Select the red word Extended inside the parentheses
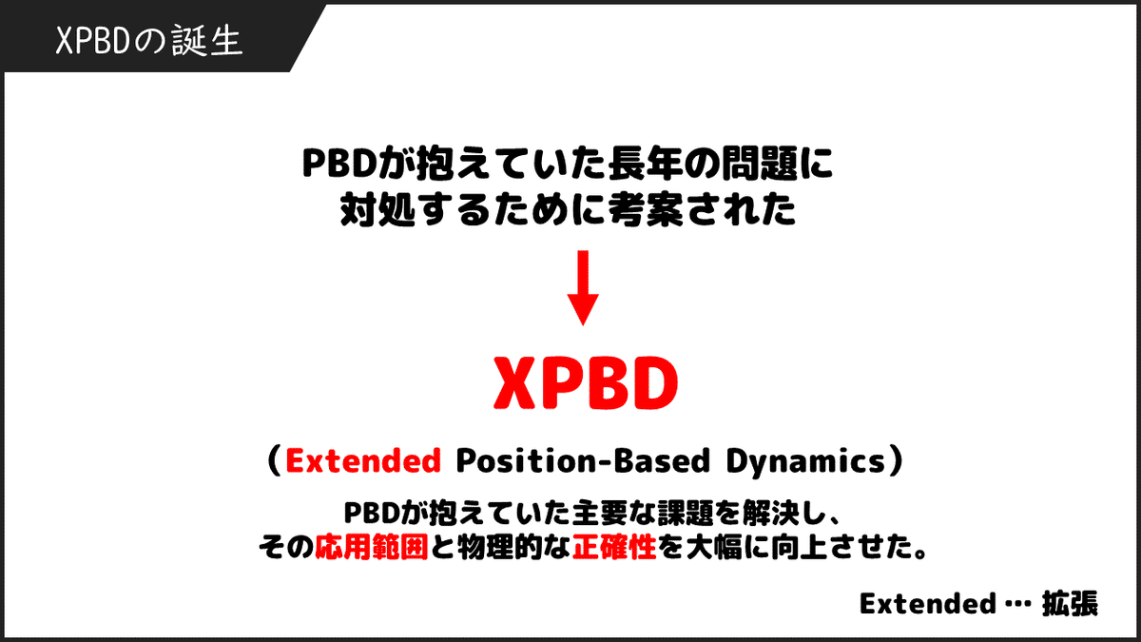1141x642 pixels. [363, 461]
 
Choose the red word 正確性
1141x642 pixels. [614, 548]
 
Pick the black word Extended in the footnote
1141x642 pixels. [920, 604]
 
